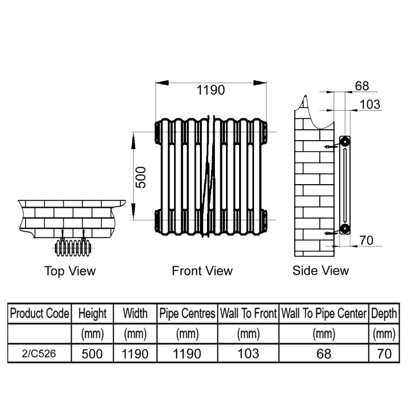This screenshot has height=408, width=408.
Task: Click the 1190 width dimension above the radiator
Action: (211, 90)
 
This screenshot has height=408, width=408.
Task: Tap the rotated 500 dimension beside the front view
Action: (141, 177)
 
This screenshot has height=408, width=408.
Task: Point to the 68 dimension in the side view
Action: (362, 86)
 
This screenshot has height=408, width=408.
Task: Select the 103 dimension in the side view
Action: (370, 105)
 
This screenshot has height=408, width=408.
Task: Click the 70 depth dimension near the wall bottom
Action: (366, 240)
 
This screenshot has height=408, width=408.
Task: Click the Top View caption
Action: (70, 271)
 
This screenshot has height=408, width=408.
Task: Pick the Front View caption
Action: (202, 271)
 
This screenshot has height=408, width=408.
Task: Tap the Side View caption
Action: (320, 270)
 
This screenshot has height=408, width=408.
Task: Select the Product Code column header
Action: (40, 313)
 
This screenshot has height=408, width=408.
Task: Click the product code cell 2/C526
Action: (39, 353)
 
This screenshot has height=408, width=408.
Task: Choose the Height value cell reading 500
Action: (92, 354)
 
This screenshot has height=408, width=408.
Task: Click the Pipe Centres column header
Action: (187, 313)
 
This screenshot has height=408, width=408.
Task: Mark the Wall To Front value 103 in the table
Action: (248, 353)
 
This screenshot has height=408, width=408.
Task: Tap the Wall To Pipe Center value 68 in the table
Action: (324, 354)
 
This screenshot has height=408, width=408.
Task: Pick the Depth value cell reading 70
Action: (384, 354)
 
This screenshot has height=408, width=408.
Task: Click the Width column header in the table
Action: (135, 313)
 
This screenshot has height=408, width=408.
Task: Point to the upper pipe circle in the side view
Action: (345, 142)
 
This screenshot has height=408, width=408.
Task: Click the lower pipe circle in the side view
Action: (345, 228)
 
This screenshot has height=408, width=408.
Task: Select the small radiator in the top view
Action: (73, 248)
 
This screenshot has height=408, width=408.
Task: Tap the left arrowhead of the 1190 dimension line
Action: (162, 83)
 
